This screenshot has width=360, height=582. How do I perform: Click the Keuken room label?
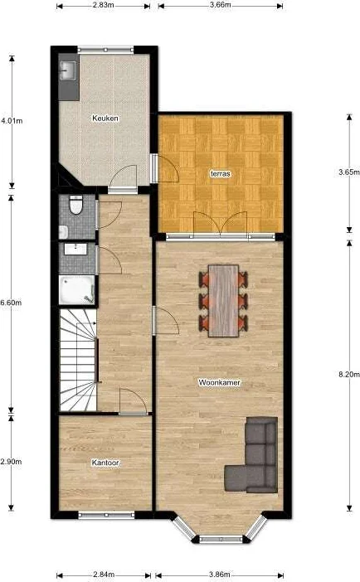105,119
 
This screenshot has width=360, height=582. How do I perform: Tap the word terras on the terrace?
220,174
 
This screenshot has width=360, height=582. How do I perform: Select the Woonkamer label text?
215,382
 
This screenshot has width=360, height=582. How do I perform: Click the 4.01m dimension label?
11,121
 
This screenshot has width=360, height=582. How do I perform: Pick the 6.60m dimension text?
11,303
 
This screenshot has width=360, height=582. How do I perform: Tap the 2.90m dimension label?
11,461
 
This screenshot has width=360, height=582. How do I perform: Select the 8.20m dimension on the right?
348,375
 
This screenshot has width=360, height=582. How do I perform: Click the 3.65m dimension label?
348,172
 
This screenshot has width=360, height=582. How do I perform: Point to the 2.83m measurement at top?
105,5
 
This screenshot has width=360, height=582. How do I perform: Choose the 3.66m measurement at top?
220,5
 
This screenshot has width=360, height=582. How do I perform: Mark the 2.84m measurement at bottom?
105,574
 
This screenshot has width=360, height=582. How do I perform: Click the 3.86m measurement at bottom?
220,574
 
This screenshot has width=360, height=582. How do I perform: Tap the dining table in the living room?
223,299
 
